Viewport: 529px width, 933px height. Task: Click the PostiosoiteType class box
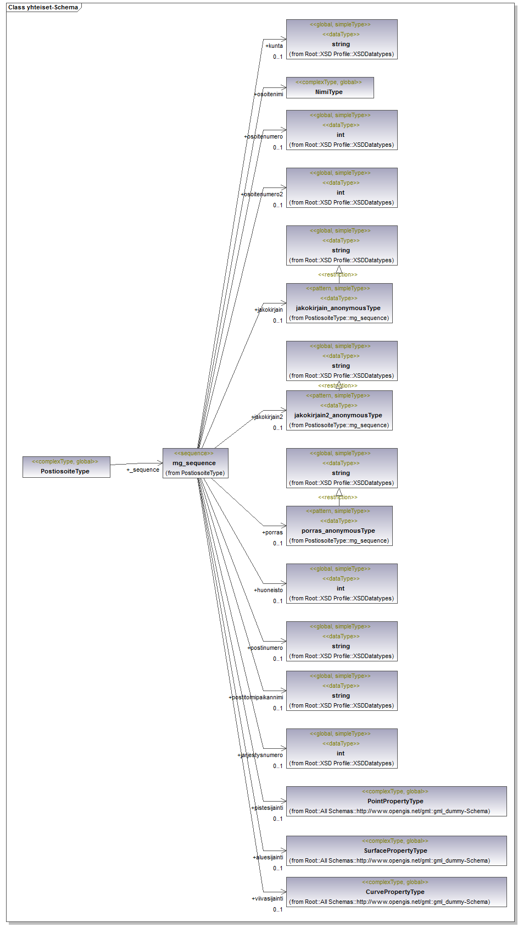coord(66,467)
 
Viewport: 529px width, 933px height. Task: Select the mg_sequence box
coord(195,463)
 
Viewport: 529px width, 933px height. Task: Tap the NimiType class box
coord(330,87)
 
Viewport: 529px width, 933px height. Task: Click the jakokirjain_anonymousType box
coord(339,303)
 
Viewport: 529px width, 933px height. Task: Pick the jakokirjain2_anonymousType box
coord(339,410)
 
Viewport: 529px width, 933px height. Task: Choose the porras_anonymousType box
coord(339,526)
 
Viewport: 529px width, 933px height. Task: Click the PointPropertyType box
coord(396,801)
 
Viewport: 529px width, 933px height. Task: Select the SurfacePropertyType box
coord(396,851)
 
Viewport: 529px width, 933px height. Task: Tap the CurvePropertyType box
coord(396,892)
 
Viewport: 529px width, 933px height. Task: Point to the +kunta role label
coord(274,46)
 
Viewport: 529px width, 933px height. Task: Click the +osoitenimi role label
coord(269,95)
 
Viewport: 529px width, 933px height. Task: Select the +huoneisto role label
coord(269,590)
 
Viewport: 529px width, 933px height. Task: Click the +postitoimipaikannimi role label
coord(256,698)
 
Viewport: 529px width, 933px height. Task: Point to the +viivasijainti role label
coord(268,899)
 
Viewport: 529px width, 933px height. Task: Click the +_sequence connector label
coord(143,470)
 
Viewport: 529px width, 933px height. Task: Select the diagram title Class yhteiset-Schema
coord(43,8)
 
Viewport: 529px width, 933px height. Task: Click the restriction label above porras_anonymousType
coord(337,498)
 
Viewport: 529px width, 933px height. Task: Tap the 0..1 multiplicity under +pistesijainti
coord(278,819)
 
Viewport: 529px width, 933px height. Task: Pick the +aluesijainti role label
coord(268,858)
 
